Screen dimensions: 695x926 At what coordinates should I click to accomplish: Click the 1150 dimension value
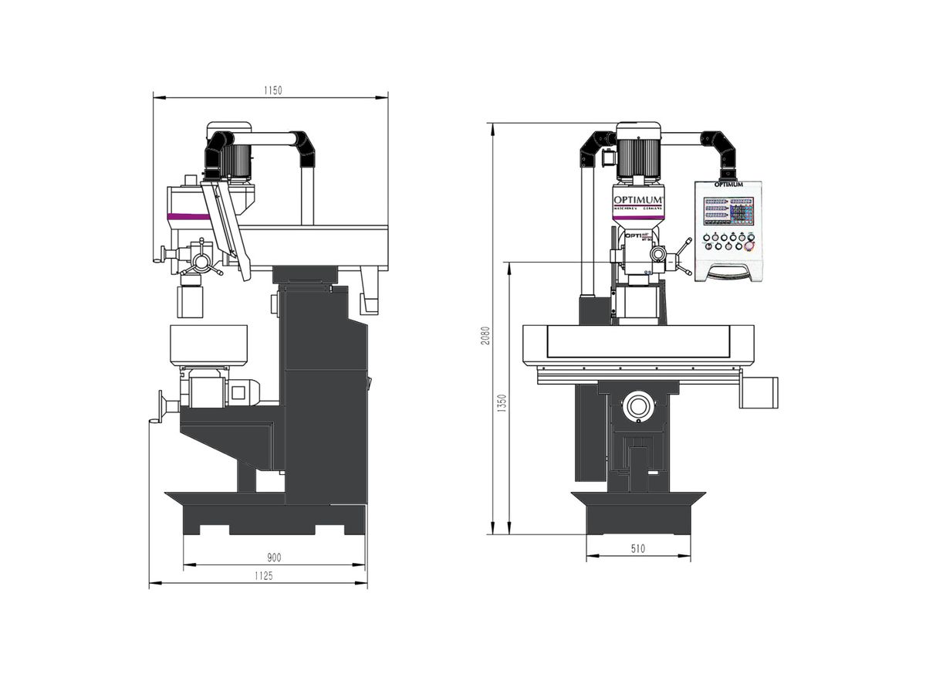click(272, 90)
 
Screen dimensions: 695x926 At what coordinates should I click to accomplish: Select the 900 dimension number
click(273, 558)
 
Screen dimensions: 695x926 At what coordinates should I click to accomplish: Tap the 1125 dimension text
click(263, 575)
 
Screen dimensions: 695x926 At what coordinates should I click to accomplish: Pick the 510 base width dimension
click(637, 549)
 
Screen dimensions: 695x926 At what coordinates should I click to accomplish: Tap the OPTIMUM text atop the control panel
click(728, 185)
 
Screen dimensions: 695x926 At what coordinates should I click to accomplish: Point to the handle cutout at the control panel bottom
click(728, 270)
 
